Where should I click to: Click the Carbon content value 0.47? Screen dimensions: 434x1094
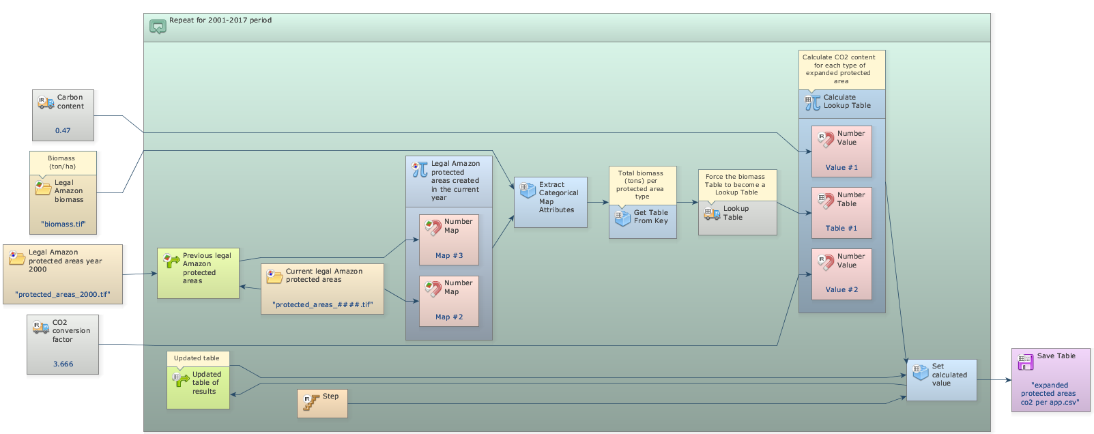click(x=63, y=130)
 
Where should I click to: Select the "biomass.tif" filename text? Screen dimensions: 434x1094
click(x=63, y=224)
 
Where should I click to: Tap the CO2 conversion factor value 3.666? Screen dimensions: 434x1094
click(x=63, y=364)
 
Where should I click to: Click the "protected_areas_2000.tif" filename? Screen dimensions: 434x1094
click(x=63, y=294)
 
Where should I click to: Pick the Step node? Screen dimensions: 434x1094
click(x=322, y=403)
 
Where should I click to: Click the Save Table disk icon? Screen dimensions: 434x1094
click(x=1025, y=362)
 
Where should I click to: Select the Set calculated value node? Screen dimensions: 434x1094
click(x=941, y=379)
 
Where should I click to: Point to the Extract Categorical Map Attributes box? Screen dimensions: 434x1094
click(x=550, y=202)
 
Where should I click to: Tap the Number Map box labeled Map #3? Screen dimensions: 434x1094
click(x=448, y=240)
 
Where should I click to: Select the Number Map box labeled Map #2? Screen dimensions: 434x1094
click(x=448, y=301)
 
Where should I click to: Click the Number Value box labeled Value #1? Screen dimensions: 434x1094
click(x=841, y=151)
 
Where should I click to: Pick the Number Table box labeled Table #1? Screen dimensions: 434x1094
click(x=841, y=212)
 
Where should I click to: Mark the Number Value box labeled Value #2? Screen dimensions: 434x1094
click(x=841, y=274)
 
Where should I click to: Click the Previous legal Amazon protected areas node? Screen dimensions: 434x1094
click(x=198, y=273)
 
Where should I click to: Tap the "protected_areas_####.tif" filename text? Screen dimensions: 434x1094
click(x=322, y=304)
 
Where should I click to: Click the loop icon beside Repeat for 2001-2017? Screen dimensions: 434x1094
click(x=158, y=27)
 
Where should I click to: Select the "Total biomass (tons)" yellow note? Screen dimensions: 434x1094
click(x=642, y=184)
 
